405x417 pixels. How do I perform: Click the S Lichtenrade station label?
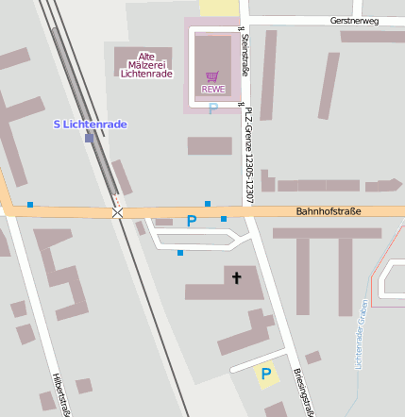pos(90,125)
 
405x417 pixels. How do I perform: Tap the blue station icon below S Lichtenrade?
pos(90,138)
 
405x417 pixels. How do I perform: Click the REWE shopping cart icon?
pos(212,76)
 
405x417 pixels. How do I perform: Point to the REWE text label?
pos(212,90)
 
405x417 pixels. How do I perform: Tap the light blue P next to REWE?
pos(212,108)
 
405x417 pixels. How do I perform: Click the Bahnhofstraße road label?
pos(329,212)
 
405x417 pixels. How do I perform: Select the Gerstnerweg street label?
pos(354,20)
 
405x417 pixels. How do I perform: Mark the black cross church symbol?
pos(236,277)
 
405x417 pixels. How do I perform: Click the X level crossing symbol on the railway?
pos(118,213)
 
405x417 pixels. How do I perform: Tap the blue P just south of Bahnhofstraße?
pos(192,222)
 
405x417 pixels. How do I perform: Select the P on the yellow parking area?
pos(266,375)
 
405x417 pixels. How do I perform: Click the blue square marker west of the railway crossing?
pos(30,205)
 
